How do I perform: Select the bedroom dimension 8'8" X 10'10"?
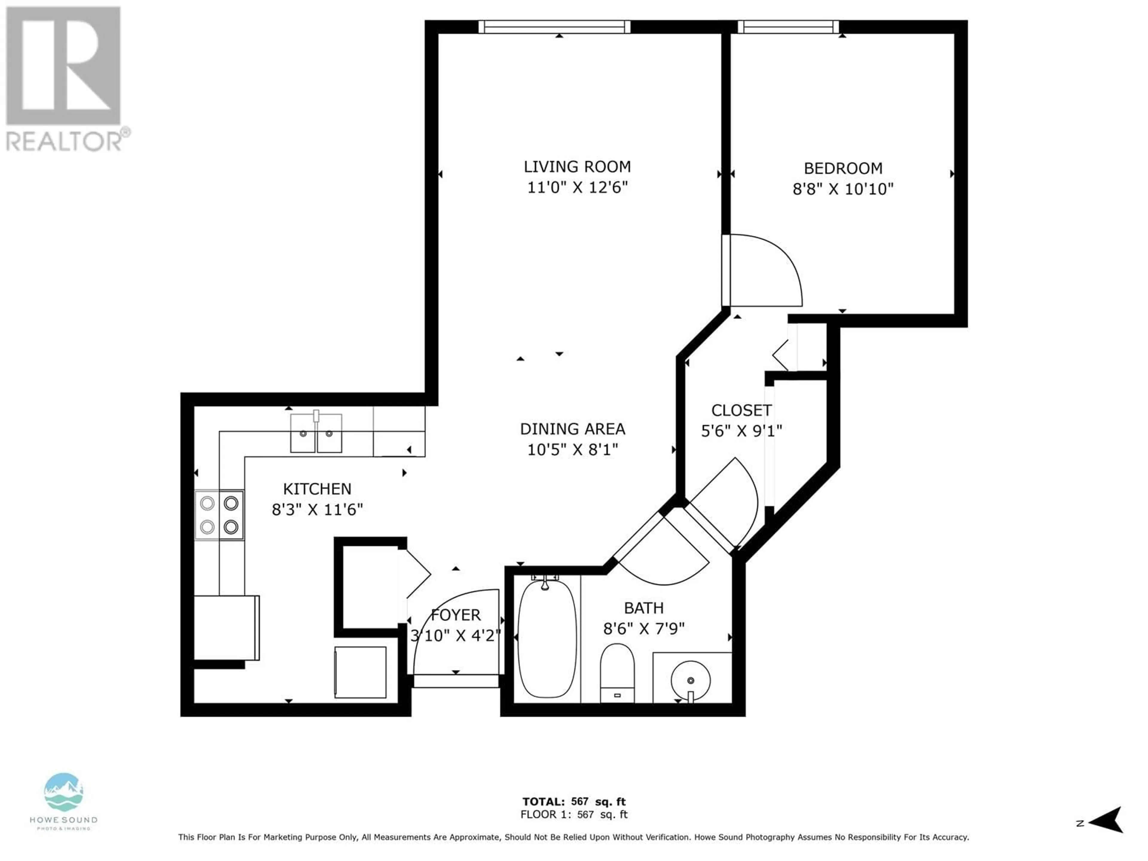pyautogui.click(x=843, y=189)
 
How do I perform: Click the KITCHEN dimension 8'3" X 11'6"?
pyautogui.click(x=317, y=510)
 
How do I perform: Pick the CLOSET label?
pyautogui.click(x=741, y=410)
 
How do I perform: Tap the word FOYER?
pyautogui.click(x=456, y=615)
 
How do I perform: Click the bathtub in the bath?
pyautogui.click(x=547, y=638)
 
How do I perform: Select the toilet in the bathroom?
pyautogui.click(x=617, y=673)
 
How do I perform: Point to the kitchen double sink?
pyautogui.click(x=316, y=433)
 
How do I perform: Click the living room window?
pyautogui.click(x=554, y=27)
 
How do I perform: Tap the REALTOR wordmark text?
pyautogui.click(x=64, y=140)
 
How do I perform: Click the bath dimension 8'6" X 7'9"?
pyautogui.click(x=644, y=628)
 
